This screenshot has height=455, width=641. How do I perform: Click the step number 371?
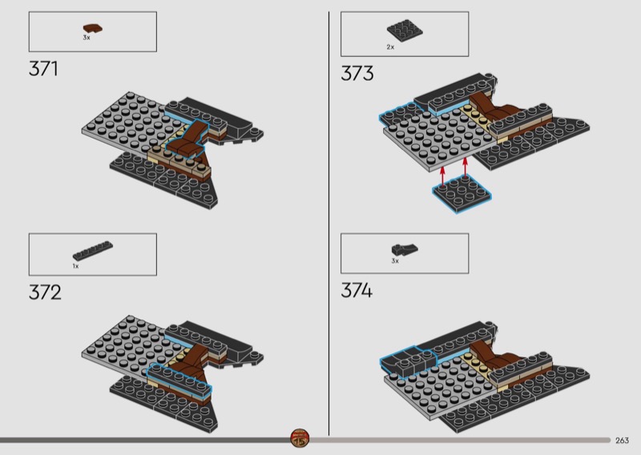[43, 69]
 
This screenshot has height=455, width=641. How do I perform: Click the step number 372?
[45, 292]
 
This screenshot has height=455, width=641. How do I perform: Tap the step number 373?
[357, 74]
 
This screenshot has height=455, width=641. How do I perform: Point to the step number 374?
[357, 291]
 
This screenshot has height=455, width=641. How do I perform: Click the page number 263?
[622, 441]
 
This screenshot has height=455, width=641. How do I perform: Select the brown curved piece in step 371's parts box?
[93, 29]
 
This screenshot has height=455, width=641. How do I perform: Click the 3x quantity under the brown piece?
[87, 38]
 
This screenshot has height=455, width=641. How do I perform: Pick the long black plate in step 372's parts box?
[93, 251]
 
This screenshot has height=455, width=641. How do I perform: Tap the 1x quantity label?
[75, 266]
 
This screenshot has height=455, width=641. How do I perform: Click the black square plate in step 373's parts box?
[405, 30]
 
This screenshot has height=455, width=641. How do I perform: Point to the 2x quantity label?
[390, 47]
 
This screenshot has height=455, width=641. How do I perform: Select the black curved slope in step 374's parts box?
[405, 249]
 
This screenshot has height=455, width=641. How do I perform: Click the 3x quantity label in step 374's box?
[395, 261]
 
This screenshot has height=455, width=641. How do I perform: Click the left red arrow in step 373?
[442, 176]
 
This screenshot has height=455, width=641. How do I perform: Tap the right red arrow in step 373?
[466, 167]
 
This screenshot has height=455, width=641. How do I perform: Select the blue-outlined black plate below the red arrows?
[462, 194]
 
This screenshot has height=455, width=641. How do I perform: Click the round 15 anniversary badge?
[300, 439]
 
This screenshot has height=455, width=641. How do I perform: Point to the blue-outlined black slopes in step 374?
[408, 360]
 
